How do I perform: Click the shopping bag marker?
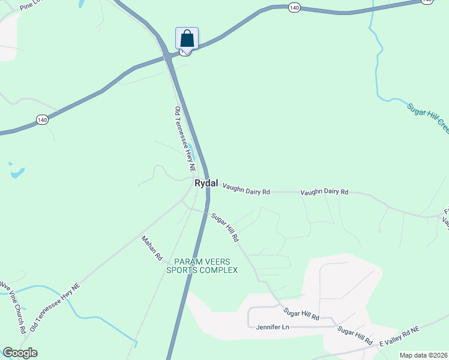point(187,39)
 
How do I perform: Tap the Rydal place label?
point(206,183)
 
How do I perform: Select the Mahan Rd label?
point(152,248)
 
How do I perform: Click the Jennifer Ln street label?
point(273,327)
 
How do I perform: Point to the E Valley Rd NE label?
point(401,336)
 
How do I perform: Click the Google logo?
point(20,353)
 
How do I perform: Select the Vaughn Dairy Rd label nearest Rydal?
point(246,189)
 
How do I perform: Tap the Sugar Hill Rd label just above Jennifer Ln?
point(301,313)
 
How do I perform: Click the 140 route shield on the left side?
point(41,120)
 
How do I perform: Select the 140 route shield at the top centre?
point(294,7)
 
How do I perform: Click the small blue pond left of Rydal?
point(17,173)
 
